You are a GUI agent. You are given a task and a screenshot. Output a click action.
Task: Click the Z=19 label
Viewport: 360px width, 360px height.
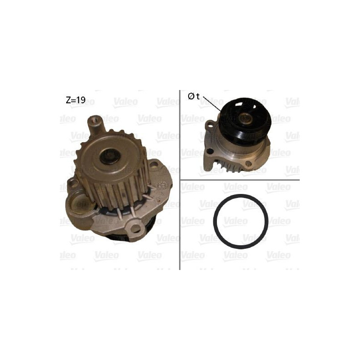[x=76, y=100]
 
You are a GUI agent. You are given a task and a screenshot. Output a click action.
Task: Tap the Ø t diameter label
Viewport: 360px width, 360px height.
[x=193, y=97]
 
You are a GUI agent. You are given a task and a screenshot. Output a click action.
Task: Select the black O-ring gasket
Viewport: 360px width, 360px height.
[x=241, y=220]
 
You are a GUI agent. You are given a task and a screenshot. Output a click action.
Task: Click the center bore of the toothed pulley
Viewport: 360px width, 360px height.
[x=110, y=156]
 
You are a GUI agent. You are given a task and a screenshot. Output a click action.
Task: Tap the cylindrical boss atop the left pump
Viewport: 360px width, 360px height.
[x=95, y=125]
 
